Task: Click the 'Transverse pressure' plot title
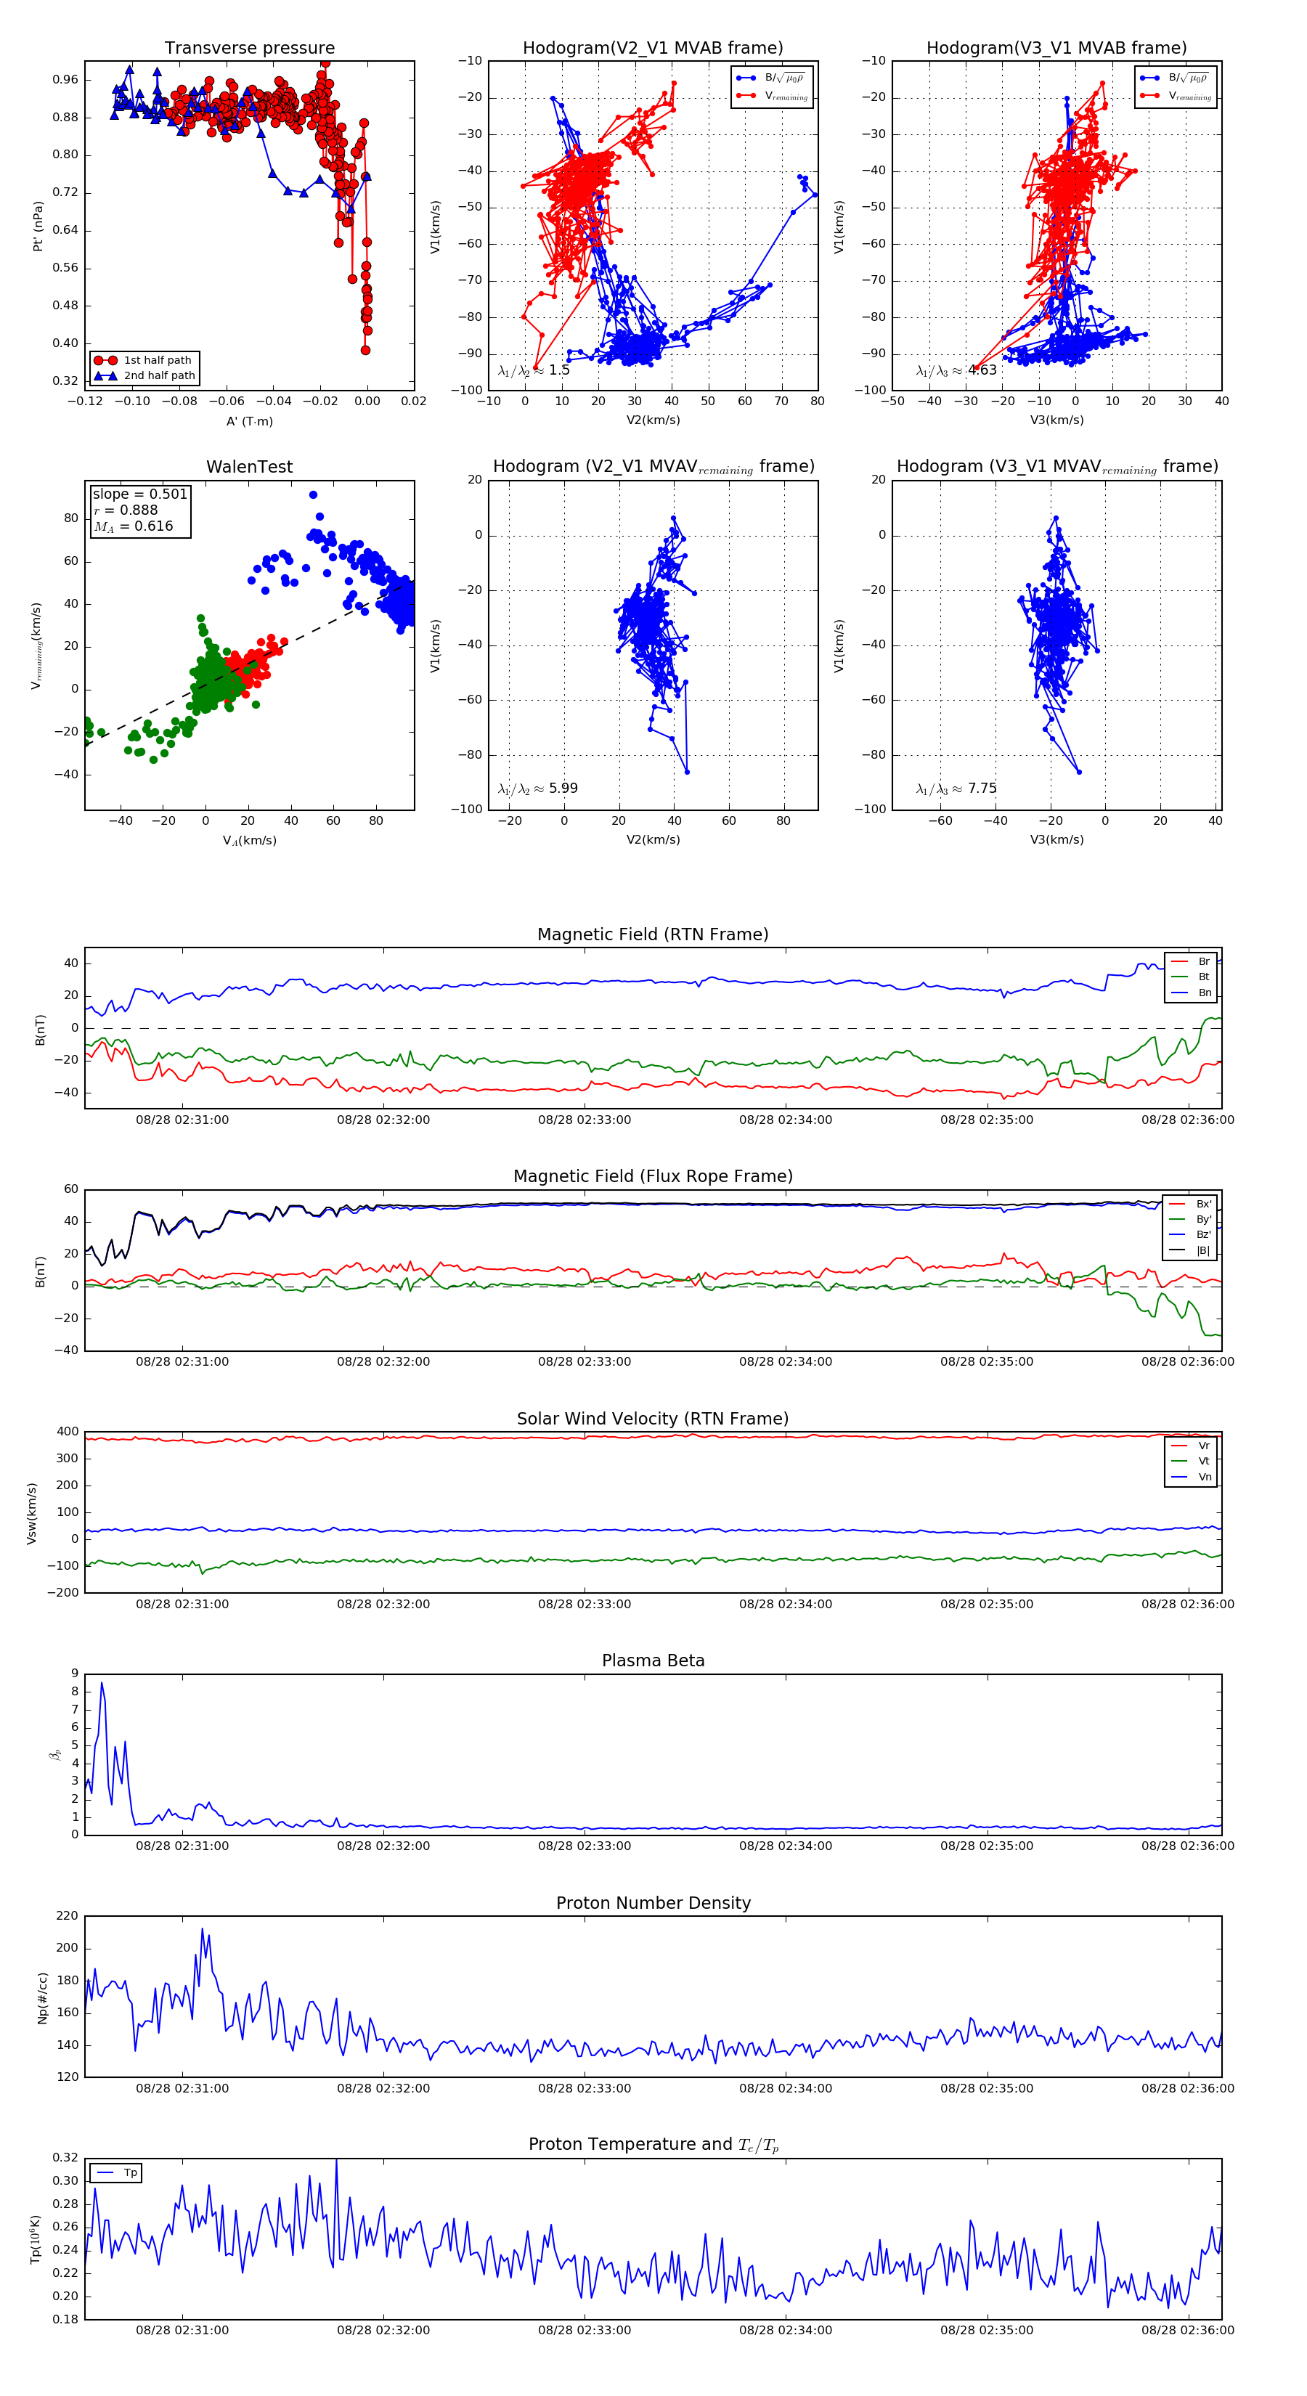[249, 49]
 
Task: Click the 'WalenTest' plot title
[249, 467]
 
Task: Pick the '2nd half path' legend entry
[159, 376]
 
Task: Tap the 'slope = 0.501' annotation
[139, 494]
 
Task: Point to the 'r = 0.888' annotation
[126, 510]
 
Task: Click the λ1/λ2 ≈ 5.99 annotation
[537, 789]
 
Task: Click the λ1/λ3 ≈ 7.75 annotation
[956, 789]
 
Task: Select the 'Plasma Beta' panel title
[653, 1661]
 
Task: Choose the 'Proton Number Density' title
[653, 1903]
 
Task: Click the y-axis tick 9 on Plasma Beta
[74, 1674]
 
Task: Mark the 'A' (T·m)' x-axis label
[249, 421]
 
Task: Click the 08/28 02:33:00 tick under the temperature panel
[585, 2330]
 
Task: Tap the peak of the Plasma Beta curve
[102, 1682]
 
